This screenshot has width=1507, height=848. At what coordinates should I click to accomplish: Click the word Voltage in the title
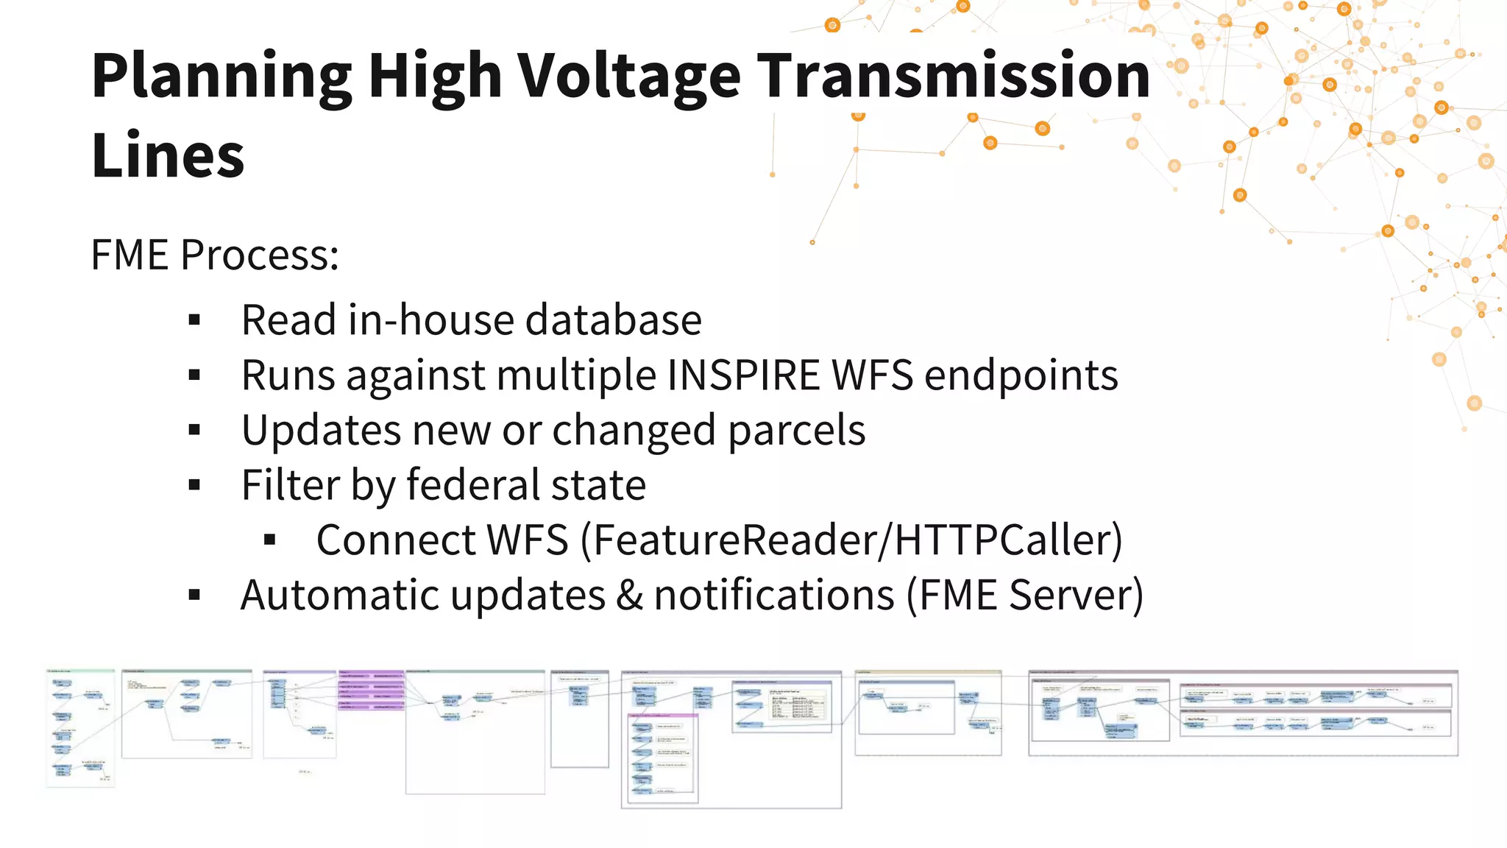click(x=629, y=77)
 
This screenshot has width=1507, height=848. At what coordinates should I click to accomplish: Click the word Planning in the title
click(x=221, y=77)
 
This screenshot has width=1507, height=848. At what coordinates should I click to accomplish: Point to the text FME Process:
click(x=215, y=255)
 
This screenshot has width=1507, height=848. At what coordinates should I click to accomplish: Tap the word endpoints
click(x=1021, y=375)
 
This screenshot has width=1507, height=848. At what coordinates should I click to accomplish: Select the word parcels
click(x=796, y=431)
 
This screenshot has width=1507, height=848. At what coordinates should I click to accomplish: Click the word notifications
click(x=774, y=595)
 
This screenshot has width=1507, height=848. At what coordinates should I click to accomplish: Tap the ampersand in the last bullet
click(x=629, y=595)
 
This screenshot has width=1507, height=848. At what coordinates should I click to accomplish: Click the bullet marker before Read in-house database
click(x=194, y=320)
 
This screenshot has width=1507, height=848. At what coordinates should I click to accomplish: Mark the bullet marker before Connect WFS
click(x=269, y=540)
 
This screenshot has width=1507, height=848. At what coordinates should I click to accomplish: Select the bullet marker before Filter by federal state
click(x=194, y=485)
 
